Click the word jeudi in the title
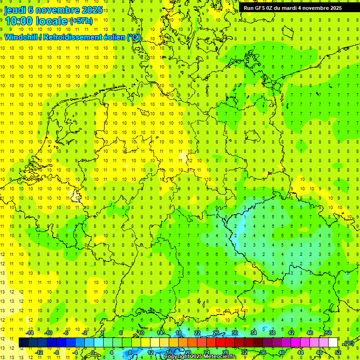click(x=15, y=10)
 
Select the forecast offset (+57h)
click(x=81, y=21)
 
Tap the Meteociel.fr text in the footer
click(x=221, y=357)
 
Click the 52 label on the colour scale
click(x=338, y=352)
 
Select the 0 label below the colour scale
click(x=93, y=352)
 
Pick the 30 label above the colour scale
click(x=234, y=333)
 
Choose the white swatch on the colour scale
click(x=333, y=343)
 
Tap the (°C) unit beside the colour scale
click(x=349, y=344)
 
